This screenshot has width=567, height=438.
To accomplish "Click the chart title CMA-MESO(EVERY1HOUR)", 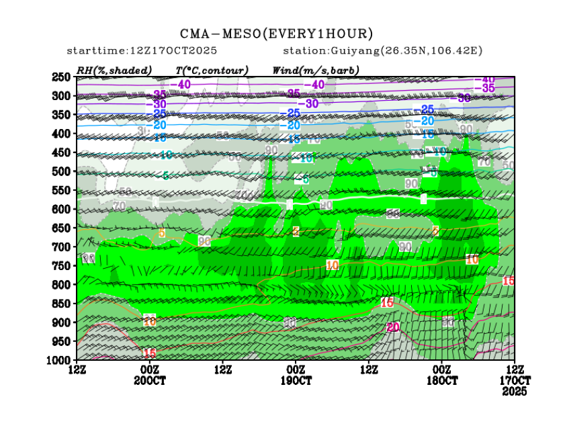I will [x=276, y=34].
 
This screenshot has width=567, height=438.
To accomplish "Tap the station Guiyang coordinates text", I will [x=383, y=51].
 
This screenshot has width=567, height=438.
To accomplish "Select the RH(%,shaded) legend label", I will [x=114, y=70].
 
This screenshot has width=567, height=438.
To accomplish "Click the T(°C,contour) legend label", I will [x=212, y=70].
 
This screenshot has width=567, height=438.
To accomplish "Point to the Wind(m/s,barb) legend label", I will [x=315, y=70].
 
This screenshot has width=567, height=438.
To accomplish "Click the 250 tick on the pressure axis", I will [x=62, y=77].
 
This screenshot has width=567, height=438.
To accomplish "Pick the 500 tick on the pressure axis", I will [x=62, y=171].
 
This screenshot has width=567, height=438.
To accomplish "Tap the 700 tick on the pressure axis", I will [x=62, y=247].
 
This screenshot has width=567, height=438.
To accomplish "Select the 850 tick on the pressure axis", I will [x=62, y=304].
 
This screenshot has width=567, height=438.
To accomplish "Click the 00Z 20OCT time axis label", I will [x=149, y=375].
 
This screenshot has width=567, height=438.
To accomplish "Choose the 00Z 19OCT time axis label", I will [x=296, y=375].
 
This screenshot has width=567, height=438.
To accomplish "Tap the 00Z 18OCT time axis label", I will [x=442, y=375].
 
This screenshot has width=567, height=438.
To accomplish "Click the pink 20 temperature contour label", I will [x=393, y=327].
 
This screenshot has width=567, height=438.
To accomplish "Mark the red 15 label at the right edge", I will [x=509, y=281].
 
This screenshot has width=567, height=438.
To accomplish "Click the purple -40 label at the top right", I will [x=488, y=80].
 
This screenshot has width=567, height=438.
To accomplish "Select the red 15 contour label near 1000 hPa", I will [x=149, y=353].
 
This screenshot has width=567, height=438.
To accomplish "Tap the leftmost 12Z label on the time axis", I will [x=77, y=369].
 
